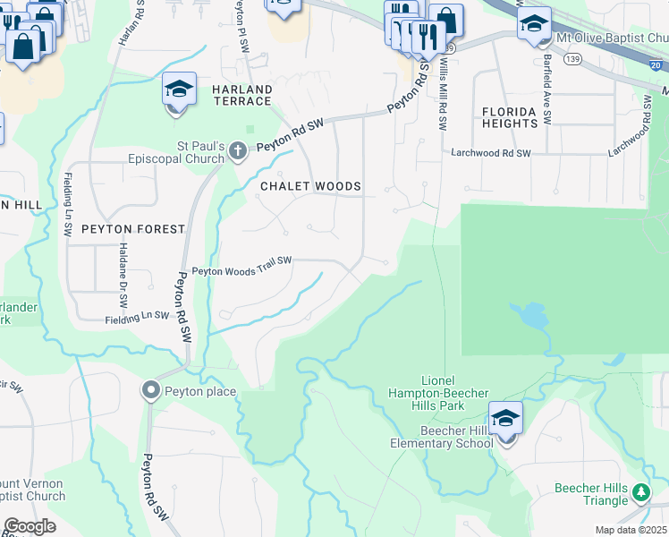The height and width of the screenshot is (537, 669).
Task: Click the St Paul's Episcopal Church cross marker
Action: (238, 149)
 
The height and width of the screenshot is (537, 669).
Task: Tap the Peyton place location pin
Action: (150, 390)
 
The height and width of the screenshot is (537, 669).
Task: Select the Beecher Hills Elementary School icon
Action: (505, 419)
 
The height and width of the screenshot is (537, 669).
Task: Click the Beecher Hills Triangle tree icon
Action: (640, 492)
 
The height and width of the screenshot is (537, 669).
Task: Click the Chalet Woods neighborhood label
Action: (310, 186)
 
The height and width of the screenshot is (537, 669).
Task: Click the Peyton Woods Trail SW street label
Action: (242, 260)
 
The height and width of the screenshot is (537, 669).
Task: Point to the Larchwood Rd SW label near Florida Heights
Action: (490, 153)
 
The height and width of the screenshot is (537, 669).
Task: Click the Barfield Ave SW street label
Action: (546, 94)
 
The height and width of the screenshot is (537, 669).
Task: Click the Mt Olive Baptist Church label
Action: (612, 38)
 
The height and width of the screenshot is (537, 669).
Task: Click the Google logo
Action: (30, 526)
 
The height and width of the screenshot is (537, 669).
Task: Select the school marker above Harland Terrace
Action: (179, 89)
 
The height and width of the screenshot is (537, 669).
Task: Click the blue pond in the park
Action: (531, 315)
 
